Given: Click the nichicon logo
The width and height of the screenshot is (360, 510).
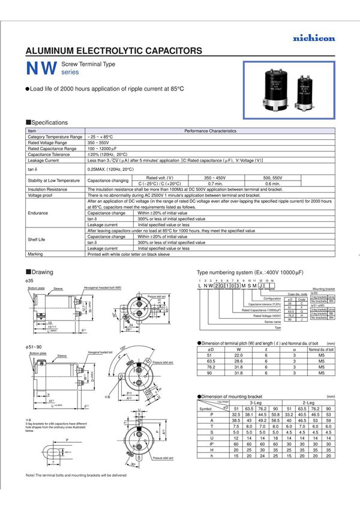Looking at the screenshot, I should tap(314, 38).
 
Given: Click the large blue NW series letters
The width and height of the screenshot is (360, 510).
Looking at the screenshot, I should tap(41, 68).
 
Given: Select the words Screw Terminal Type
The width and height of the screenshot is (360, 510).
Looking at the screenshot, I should tap(88, 64).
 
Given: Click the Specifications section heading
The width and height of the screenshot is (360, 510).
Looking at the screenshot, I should tap(49, 122).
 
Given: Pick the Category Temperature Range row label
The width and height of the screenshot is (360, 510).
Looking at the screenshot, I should tap(55, 137).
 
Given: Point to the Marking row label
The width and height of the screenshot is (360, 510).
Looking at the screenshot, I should tap(36, 254).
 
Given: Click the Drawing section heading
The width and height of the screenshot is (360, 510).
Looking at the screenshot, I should tap(42, 272).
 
